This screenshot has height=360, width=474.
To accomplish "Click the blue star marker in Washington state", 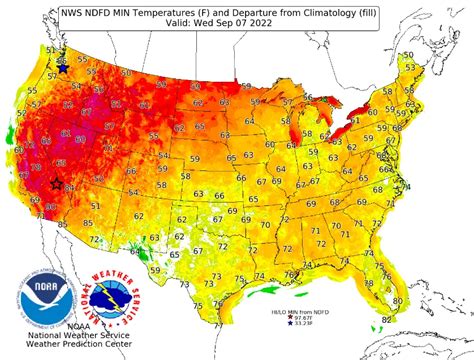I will tap(63, 69).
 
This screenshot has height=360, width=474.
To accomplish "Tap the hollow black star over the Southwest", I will tap(56, 183).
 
